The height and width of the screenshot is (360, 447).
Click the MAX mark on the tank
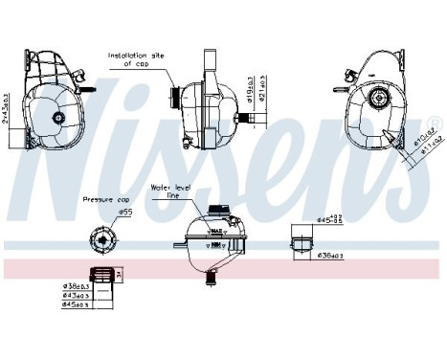click(x=217, y=230)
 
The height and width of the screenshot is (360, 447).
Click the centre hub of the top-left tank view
click(x=58, y=118)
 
